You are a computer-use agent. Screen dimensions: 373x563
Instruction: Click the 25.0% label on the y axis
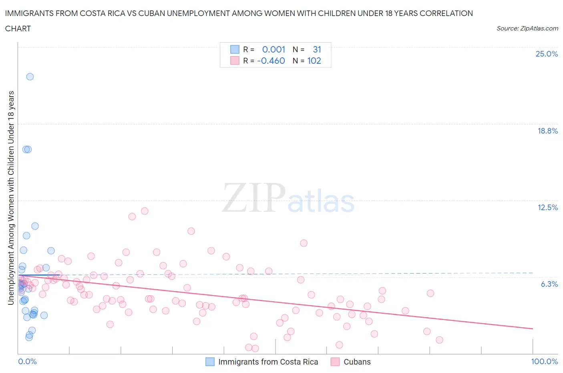(x=547, y=54)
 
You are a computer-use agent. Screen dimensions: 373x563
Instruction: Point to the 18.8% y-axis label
(x=547, y=131)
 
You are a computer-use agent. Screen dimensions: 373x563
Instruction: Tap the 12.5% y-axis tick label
(x=547, y=207)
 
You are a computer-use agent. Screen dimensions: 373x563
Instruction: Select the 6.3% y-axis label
(x=549, y=284)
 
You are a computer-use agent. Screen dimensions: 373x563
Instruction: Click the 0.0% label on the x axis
(x=27, y=361)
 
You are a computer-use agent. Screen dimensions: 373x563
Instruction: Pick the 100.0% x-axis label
(x=544, y=361)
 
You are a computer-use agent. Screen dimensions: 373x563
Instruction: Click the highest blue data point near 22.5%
(x=30, y=77)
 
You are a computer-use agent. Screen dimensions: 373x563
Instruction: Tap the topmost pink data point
(x=145, y=211)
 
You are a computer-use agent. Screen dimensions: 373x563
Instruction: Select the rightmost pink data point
(x=439, y=340)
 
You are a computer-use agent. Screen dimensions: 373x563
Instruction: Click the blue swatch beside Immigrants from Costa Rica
(x=210, y=362)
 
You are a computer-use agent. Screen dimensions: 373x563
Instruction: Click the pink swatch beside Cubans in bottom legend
(x=335, y=362)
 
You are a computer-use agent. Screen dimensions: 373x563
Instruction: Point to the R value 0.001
(x=273, y=49)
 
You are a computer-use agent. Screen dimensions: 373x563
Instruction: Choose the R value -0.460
(x=271, y=61)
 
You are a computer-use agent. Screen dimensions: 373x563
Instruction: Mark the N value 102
(x=314, y=61)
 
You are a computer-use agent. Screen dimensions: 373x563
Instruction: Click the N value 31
(x=317, y=49)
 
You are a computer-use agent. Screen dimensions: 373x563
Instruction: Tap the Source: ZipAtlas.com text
(x=527, y=28)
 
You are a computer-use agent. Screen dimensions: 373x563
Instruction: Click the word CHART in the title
(x=18, y=28)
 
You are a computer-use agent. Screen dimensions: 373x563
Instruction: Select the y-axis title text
(x=11, y=198)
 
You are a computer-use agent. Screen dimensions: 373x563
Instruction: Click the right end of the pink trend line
(x=533, y=328)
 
